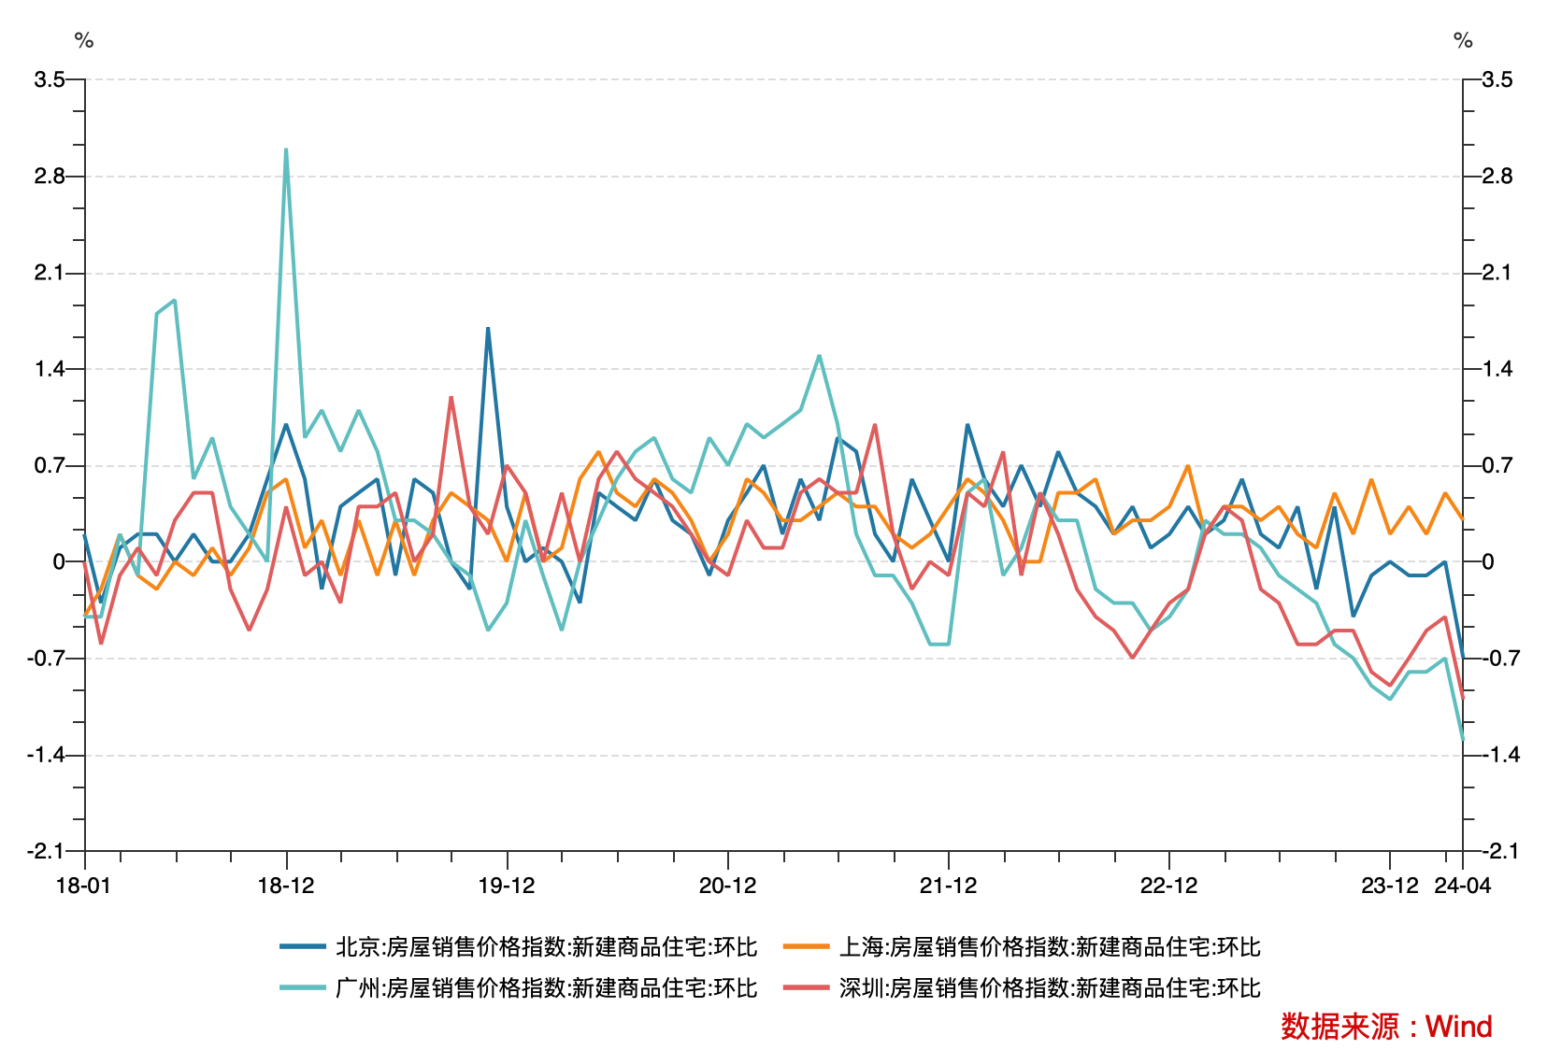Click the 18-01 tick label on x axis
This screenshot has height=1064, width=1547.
click(x=83, y=886)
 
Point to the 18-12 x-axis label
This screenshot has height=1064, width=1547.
click(x=286, y=886)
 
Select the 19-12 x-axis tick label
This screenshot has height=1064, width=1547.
click(x=507, y=886)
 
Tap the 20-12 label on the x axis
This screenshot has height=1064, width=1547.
click(x=727, y=886)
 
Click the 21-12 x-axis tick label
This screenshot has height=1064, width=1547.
click(x=948, y=886)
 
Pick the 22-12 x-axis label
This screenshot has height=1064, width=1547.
click(x=1168, y=886)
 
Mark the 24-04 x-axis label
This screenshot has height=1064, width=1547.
click(x=1463, y=886)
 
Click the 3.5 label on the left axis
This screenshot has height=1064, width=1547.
click(x=49, y=79)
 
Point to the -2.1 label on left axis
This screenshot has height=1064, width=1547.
click(x=45, y=851)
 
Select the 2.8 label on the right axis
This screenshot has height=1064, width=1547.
click(x=1497, y=177)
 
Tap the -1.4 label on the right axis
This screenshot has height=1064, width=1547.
click(x=1500, y=755)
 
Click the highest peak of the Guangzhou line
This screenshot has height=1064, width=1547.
click(x=286, y=149)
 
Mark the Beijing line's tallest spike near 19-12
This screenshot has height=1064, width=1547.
click(x=488, y=329)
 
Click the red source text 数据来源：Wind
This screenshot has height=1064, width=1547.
click(x=1386, y=1027)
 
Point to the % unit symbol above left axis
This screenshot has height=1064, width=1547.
click(x=84, y=41)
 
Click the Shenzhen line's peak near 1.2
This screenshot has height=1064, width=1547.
click(x=451, y=398)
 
